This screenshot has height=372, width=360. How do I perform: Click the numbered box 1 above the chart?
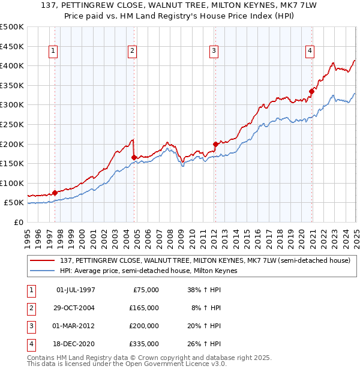tap(53, 52)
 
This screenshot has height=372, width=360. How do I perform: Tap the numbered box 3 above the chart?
tap(214, 52)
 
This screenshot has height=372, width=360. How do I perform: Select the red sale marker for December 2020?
tap(311, 91)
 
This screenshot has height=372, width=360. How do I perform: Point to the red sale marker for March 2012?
tap(215, 144)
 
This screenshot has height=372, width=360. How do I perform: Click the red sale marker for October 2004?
tap(134, 158)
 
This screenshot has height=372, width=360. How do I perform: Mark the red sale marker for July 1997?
tap(55, 193)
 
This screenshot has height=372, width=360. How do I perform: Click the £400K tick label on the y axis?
tap(12, 65)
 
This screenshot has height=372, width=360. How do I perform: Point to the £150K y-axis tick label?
tap(12, 163)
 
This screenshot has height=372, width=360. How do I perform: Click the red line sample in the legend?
tap(43, 260)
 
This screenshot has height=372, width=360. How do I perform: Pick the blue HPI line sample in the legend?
tap(43, 271)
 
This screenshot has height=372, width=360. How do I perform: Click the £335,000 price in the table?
tap(144, 344)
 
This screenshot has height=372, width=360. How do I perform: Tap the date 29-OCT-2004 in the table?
tap(76, 308)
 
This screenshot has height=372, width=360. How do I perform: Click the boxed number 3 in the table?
tap(29, 326)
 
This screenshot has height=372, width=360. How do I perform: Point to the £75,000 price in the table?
tap(146, 290)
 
